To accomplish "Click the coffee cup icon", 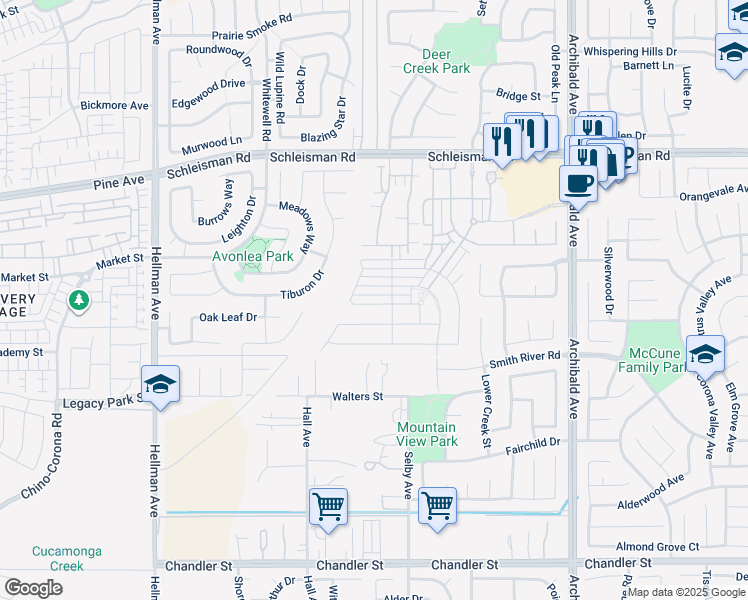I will click(578, 183).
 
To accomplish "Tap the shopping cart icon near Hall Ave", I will click(328, 507).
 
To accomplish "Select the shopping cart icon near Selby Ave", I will click(437, 506).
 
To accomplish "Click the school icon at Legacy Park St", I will click(159, 384).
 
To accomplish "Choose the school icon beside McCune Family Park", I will click(705, 354).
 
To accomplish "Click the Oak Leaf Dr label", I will click(228, 317).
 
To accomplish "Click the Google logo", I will click(34, 587).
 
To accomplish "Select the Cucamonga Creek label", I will click(58, 558).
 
